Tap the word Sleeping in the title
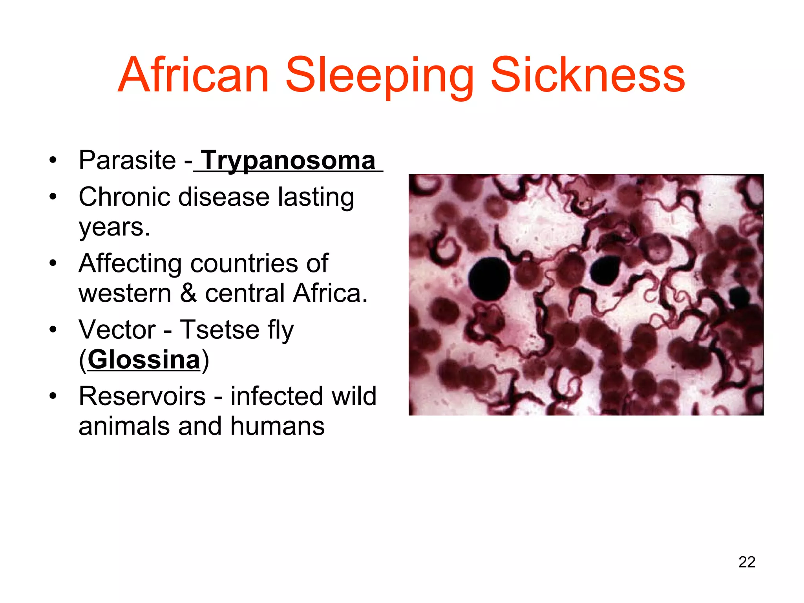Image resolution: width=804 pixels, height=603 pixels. [x=379, y=75]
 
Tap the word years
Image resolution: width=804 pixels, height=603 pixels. [x=114, y=227]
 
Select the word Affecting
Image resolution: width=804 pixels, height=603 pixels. [x=130, y=263]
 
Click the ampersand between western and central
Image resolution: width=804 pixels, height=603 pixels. [x=188, y=293]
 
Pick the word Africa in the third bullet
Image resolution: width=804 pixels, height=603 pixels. [x=330, y=293]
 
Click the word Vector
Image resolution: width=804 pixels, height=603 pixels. [x=117, y=329]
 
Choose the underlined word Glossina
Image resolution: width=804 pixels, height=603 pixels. [x=144, y=360]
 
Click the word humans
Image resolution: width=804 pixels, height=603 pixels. [x=277, y=426]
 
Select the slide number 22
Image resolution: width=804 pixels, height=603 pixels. [x=747, y=562]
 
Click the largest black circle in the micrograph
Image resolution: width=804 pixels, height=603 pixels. [x=490, y=279]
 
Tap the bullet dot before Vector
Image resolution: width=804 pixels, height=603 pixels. [x=53, y=329]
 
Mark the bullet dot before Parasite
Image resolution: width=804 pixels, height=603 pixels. [x=53, y=160]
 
